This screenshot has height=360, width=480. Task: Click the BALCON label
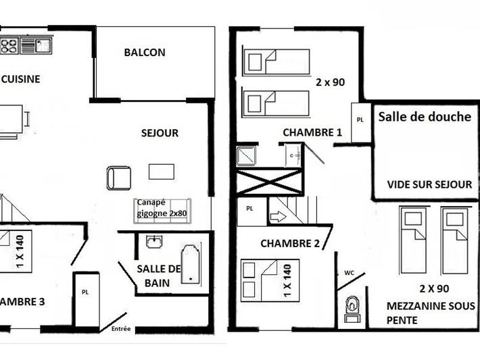(x=145, y=53)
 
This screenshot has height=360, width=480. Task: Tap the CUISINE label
(x=21, y=79)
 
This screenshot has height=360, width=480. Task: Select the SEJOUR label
(x=160, y=133)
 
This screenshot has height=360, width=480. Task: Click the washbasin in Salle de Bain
(x=155, y=241)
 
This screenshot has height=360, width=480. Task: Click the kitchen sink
(x=37, y=46)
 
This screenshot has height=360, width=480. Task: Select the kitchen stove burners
(x=9, y=46)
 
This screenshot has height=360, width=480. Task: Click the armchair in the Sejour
(x=119, y=178)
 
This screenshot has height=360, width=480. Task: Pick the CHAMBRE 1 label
(x=312, y=132)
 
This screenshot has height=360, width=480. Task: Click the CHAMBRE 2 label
(x=289, y=243)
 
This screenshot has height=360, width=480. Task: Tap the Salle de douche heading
(x=425, y=117)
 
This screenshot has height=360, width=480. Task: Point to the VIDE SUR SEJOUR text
(x=429, y=184)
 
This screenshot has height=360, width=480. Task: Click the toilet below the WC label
(x=352, y=307)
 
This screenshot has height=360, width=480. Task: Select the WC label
(x=349, y=273)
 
